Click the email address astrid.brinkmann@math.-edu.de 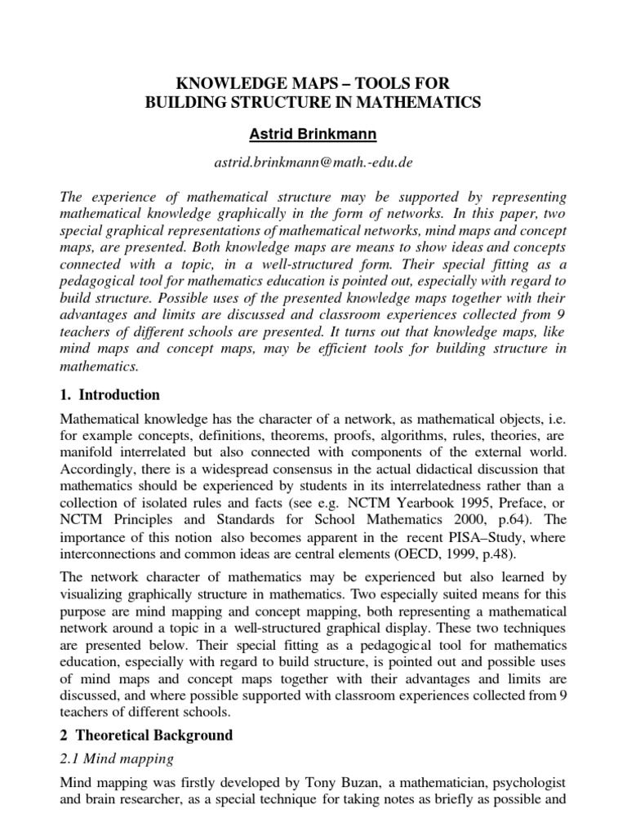pyautogui.click(x=313, y=162)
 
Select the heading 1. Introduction pyautogui.click(x=111, y=395)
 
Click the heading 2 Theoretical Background pyautogui.click(x=147, y=735)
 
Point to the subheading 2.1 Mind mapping pyautogui.click(x=118, y=758)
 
